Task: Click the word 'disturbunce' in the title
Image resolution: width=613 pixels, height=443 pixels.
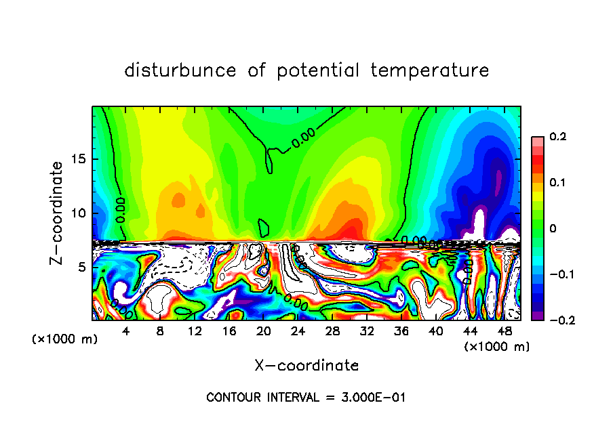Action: click(x=180, y=70)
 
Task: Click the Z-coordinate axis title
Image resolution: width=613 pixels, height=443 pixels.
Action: click(x=58, y=213)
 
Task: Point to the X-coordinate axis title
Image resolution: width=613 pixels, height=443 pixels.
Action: click(x=306, y=366)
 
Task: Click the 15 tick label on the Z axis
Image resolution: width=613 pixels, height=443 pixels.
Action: click(x=80, y=159)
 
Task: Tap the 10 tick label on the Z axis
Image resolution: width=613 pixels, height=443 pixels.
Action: click(x=80, y=213)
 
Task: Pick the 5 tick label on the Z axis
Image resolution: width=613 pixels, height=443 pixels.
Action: click(x=83, y=267)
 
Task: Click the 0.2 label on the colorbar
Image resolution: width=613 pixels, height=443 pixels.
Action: click(x=557, y=137)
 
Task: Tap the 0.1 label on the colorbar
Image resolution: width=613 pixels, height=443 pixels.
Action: click(x=557, y=183)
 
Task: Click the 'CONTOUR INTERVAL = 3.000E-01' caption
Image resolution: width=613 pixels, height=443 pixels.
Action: click(x=306, y=398)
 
